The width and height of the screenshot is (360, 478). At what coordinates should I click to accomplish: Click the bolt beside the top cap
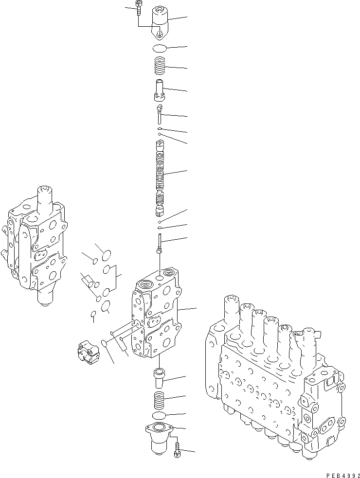tap(139, 8)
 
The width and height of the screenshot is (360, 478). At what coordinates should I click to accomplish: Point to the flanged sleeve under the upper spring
tap(160, 89)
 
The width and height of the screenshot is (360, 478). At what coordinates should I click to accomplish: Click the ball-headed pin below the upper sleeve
tap(160, 113)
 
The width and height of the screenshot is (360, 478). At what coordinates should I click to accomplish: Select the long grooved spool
tap(160, 177)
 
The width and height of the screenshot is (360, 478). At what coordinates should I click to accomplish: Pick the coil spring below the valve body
tap(160, 400)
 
